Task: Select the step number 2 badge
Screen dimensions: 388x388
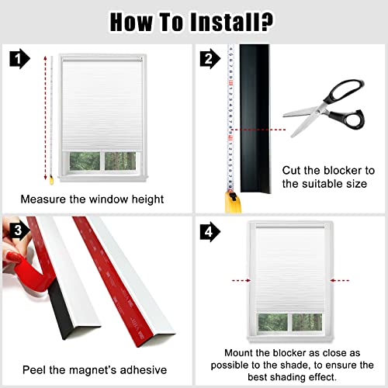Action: pyautogui.click(x=207, y=57)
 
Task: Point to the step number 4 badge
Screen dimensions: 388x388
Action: pyautogui.click(x=207, y=230)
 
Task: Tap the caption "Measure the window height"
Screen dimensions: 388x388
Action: pyautogui.click(x=92, y=199)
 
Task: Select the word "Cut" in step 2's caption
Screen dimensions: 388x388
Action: pyautogui.click(x=293, y=169)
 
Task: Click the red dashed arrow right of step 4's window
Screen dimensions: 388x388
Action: pyautogui.click(x=340, y=277)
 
